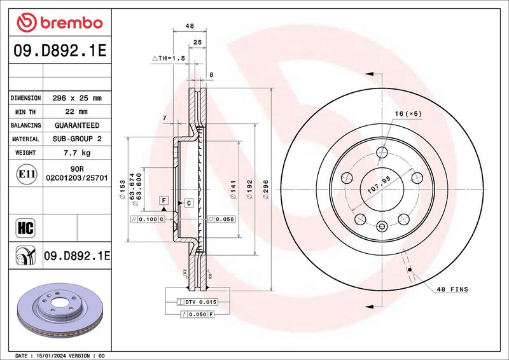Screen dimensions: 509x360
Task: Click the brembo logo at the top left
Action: [x=60, y=23]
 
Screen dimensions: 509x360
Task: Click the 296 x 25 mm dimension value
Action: [x=77, y=98]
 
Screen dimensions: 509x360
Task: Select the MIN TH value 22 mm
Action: [x=76, y=112]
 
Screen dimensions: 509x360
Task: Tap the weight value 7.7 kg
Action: [x=77, y=153]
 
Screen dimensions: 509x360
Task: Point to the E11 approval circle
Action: [x=26, y=174]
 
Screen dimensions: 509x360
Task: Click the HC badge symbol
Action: [x=25, y=228]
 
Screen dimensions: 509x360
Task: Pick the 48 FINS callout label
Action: [x=452, y=289]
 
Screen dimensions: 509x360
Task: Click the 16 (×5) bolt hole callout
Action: [x=408, y=114]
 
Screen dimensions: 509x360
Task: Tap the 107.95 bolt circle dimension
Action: [x=379, y=185]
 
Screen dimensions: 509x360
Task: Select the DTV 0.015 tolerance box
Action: [x=197, y=302]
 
